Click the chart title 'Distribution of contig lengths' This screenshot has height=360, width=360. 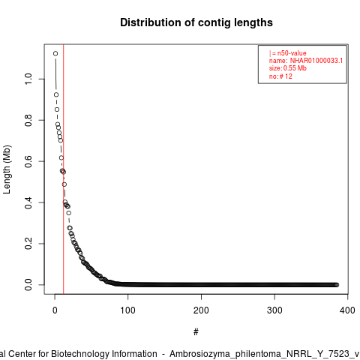pos(196,22)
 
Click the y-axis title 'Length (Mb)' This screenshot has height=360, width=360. pos(7,169)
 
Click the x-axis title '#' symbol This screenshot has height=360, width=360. pos(196,332)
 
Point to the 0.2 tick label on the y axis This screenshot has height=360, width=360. pos(28,244)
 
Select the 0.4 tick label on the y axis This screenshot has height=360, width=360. pos(28,202)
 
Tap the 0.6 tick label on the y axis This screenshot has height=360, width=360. pos(28,161)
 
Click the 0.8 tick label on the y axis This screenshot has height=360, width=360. pos(28,120)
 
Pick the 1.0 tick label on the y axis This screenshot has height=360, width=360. pos(28,79)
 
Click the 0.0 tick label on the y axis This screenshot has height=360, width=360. pos(28,285)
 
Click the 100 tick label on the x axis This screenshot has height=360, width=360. pos(127,310)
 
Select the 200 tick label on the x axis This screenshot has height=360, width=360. pos(201,310)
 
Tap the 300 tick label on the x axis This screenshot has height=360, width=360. pos(274,310)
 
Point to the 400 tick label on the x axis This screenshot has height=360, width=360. pos(347,310)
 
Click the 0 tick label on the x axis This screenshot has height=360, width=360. pos(55,310)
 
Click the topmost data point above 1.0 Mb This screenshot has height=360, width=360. pos(55,53)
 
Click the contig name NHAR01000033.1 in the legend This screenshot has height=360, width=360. pos(316,61)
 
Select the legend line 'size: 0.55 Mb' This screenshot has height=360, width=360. pos(288,68)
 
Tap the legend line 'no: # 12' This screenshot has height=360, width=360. pos(280,76)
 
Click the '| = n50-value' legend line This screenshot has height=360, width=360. pos(288,53)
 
